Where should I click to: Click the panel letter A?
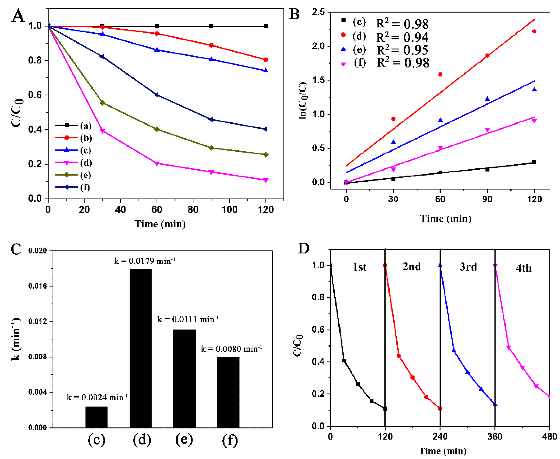(18, 16)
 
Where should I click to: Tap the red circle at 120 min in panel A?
(266, 60)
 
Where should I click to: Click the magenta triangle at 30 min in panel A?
(103, 131)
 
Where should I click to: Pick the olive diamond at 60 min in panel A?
(157, 129)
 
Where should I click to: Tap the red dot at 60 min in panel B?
(440, 75)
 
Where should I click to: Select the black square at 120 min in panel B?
(534, 162)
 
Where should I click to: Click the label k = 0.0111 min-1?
(187, 319)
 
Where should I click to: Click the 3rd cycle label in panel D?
(468, 267)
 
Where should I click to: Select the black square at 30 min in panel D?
(344, 361)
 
